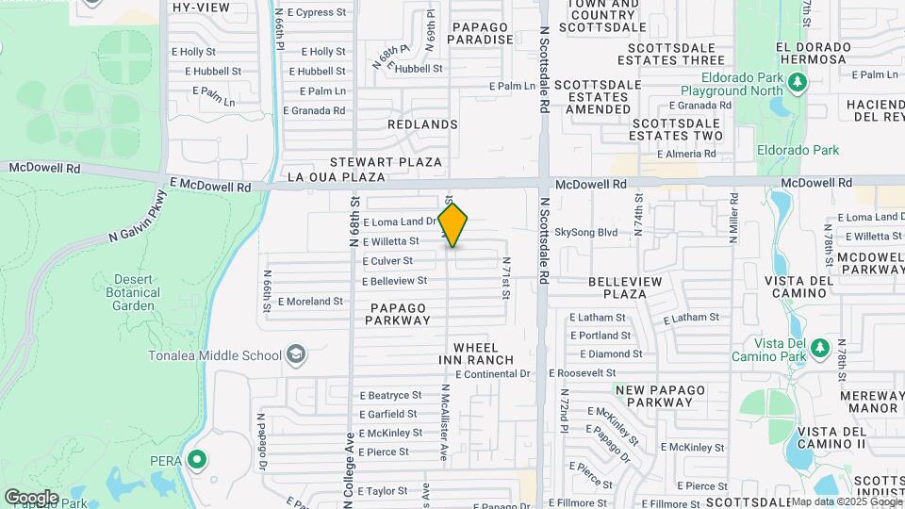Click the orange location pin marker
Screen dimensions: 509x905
click(x=453, y=225)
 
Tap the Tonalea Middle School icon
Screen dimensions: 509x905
click(x=296, y=354)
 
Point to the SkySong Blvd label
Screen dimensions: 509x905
click(x=585, y=232)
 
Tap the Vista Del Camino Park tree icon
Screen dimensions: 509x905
click(x=819, y=349)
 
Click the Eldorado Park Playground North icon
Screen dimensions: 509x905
click(x=798, y=84)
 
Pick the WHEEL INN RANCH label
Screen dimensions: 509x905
click(x=476, y=354)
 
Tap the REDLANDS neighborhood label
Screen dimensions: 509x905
click(x=422, y=124)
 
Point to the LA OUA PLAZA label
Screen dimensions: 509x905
click(x=337, y=176)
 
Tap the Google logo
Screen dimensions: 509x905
click(x=30, y=497)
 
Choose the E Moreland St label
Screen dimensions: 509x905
click(x=310, y=302)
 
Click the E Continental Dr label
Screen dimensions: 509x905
click(x=493, y=374)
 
